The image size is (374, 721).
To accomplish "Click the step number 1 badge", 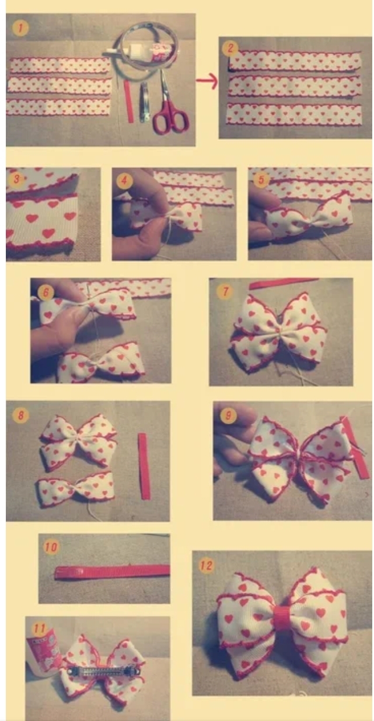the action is click(20, 28).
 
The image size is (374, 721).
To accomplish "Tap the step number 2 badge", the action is click(230, 48).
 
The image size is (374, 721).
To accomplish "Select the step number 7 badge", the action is click(225, 291).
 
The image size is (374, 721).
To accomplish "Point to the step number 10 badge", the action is click(51, 547).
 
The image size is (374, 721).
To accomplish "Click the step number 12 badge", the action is click(206, 565).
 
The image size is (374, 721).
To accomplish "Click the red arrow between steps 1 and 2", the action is click(207, 80).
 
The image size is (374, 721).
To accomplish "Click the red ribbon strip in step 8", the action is click(144, 466).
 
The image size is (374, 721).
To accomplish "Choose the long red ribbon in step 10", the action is click(112, 572).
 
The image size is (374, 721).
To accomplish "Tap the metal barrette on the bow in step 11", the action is click(103, 671).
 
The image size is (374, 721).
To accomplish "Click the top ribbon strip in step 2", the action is click(295, 61).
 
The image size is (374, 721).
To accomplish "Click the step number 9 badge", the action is click(228, 415).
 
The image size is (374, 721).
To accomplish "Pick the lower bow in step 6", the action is click(100, 363).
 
